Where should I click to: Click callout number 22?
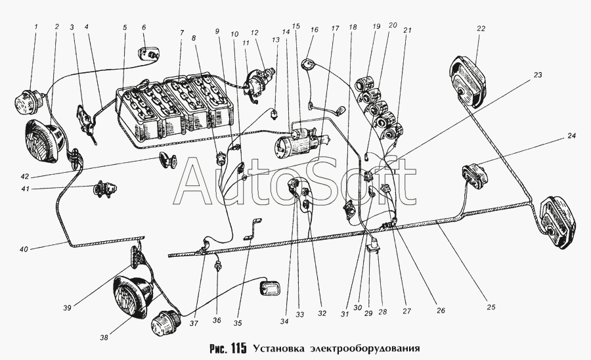point(481,28)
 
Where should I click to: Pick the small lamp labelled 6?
point(148,54)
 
